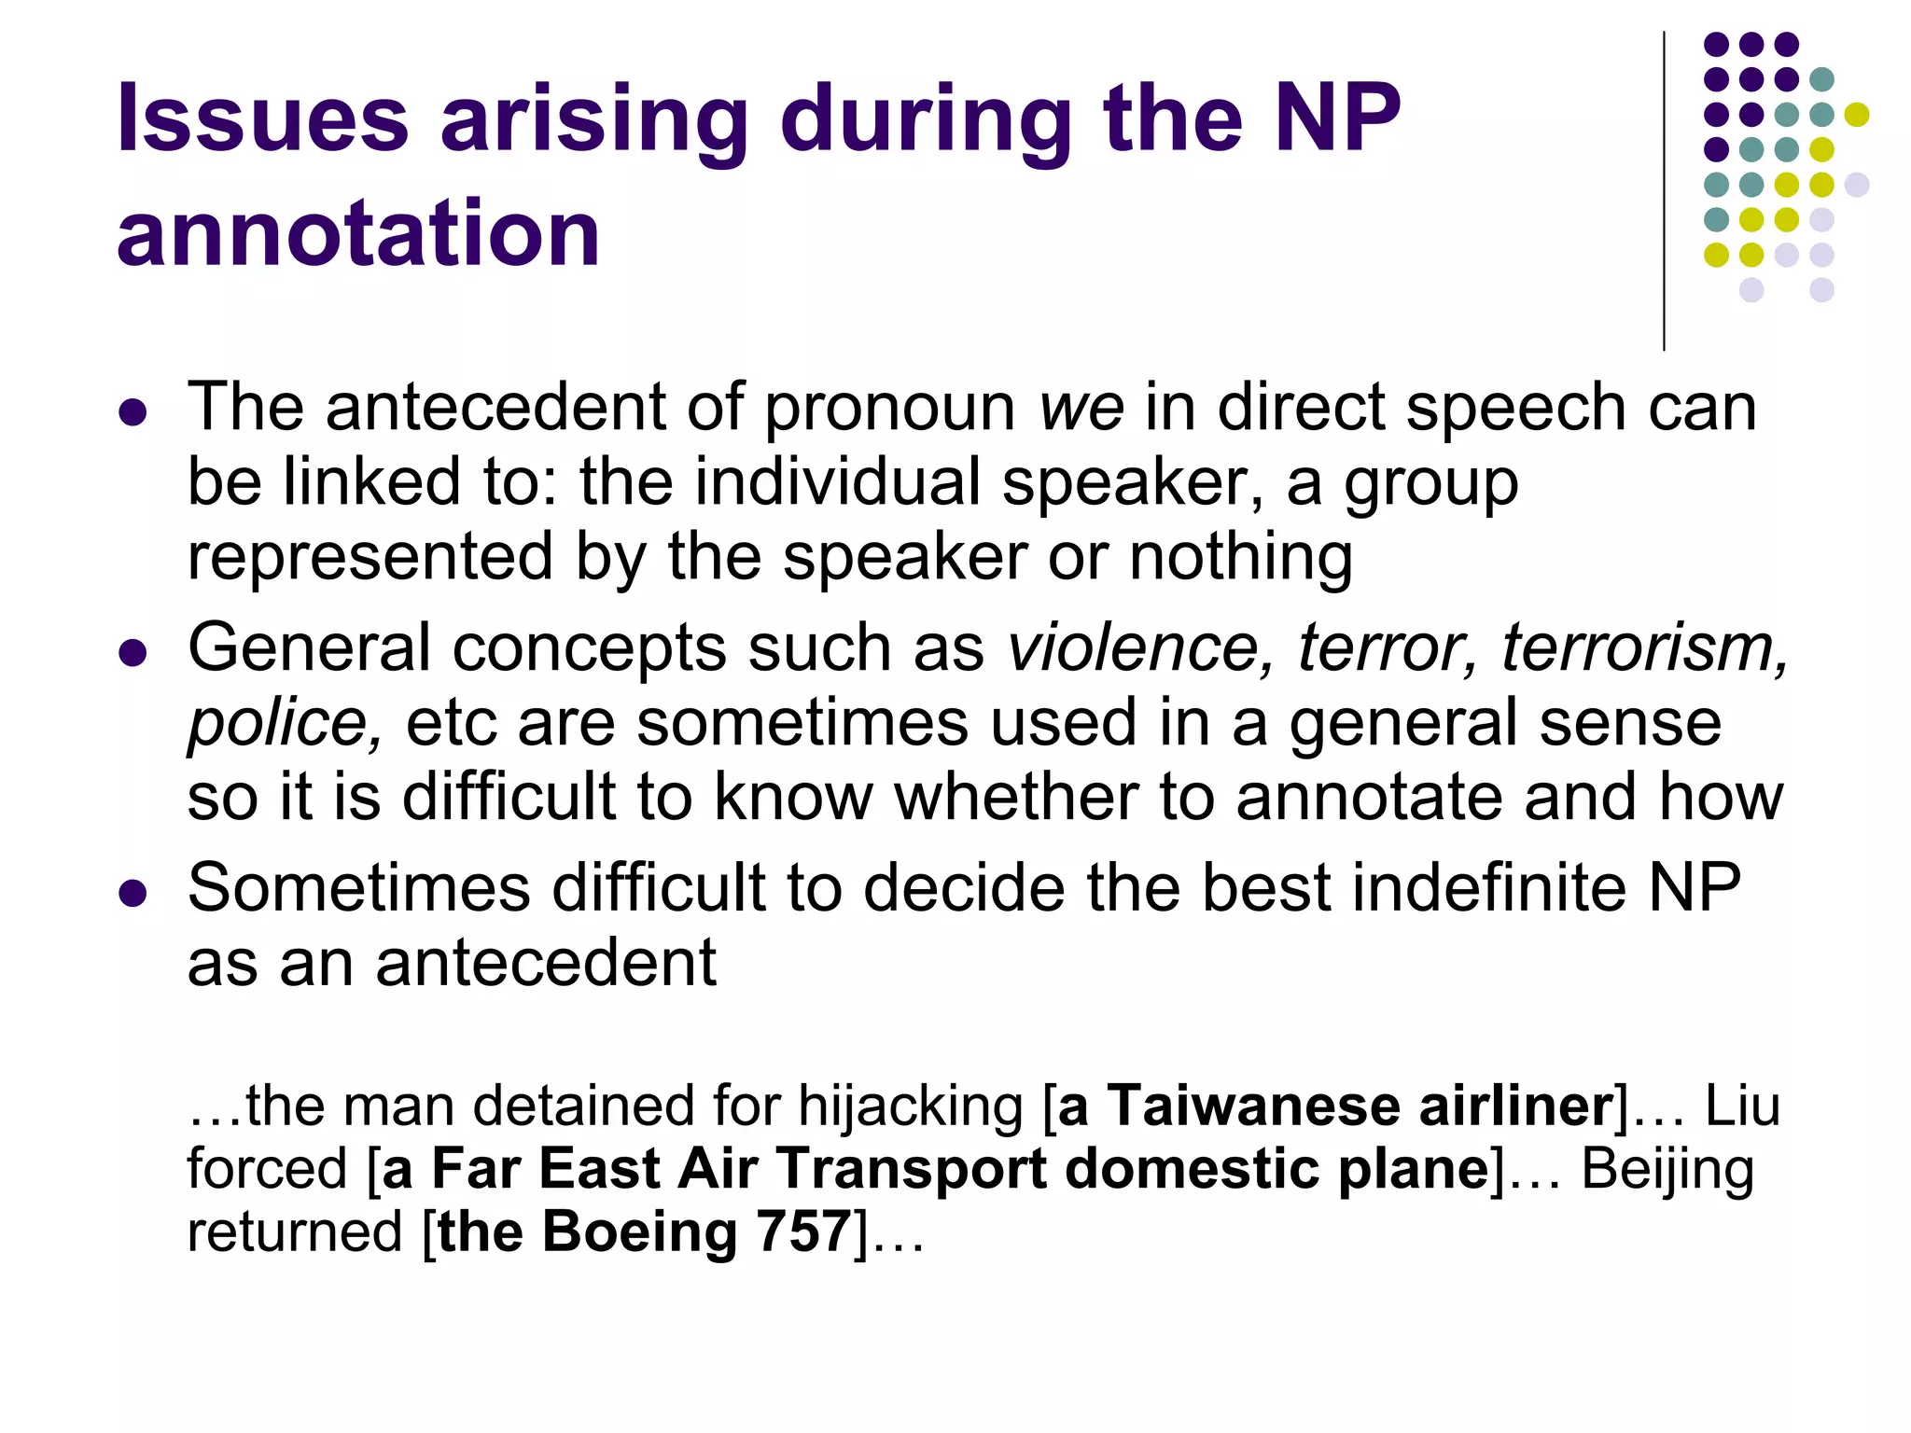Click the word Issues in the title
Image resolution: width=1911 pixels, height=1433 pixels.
tap(262, 118)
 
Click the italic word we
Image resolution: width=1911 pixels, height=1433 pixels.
tap(1081, 408)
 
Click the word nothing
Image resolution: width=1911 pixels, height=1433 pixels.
tap(1240, 557)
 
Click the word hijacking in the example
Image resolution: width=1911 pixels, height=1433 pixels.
tap(911, 1106)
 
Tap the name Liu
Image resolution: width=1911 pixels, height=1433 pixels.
tap(1742, 1106)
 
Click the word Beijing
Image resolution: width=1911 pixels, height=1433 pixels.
tap(1667, 1169)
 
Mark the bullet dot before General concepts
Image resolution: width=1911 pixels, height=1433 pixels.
tap(133, 652)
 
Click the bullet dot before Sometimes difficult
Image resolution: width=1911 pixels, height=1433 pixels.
tap(133, 893)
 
